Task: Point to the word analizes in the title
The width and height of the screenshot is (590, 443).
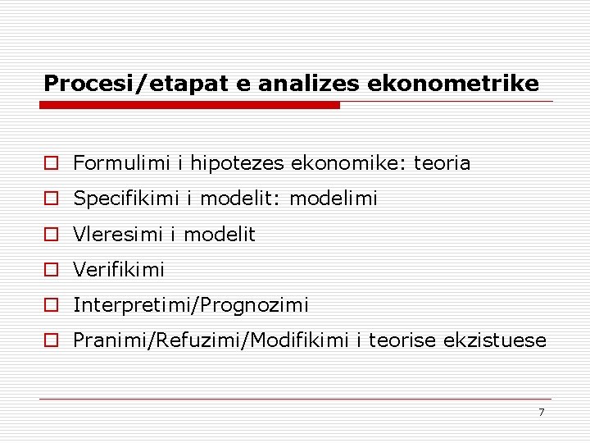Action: pos(306,84)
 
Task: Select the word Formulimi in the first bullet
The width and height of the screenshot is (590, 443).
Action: pos(122,163)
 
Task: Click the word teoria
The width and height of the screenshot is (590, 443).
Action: pos(442,163)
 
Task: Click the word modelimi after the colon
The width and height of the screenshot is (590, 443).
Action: pos(334,199)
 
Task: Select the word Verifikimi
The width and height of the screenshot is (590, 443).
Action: pos(119,270)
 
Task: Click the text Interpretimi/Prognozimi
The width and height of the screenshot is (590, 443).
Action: pos(191,305)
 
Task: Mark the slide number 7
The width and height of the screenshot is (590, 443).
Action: pos(541,412)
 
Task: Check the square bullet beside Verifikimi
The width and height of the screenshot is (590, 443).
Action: pos(51,270)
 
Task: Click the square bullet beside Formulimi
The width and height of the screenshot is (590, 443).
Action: pos(51,163)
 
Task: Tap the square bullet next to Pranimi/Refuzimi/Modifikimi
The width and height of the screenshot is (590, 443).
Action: pos(51,340)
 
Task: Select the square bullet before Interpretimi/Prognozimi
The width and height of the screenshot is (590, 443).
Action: pos(51,305)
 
